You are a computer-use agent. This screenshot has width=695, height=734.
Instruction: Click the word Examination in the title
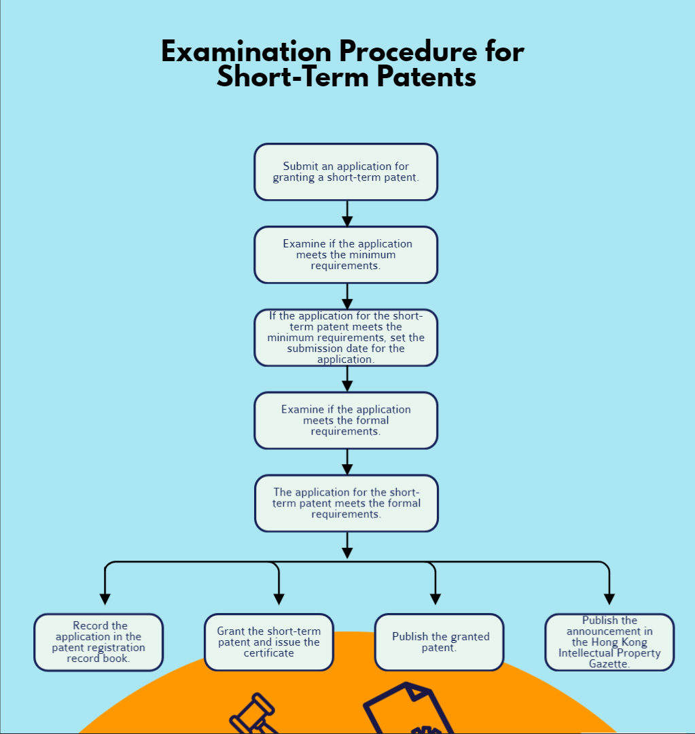[245, 52]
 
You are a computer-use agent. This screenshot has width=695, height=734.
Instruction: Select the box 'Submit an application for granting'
[346, 172]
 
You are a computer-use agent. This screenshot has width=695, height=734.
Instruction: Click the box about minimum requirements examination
[346, 255]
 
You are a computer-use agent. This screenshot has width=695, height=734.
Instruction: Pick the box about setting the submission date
[346, 338]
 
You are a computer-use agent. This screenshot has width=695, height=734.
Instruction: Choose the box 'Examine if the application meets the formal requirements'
[346, 421]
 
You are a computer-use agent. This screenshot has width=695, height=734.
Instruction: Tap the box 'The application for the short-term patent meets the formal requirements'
[346, 504]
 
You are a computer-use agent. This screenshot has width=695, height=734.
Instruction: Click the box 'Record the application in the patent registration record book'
[99, 642]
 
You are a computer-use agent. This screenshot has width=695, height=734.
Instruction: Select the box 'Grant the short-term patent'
[269, 642]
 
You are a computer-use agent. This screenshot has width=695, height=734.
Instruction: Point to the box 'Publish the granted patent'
[440, 642]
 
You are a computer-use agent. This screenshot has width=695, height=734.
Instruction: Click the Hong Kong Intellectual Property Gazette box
[609, 642]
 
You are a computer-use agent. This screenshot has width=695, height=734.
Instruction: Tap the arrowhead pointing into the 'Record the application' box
[105, 599]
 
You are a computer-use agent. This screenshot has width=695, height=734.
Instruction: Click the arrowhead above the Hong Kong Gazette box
[609, 599]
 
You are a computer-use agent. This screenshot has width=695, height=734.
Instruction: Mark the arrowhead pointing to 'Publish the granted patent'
[435, 599]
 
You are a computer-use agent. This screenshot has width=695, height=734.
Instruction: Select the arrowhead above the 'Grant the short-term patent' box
[279, 599]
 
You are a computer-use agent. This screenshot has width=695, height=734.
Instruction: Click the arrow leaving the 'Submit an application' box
[347, 219]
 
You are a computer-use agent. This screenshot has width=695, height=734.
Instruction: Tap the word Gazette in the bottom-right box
[609, 664]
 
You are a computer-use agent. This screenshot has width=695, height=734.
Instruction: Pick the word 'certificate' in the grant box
[269, 653]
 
